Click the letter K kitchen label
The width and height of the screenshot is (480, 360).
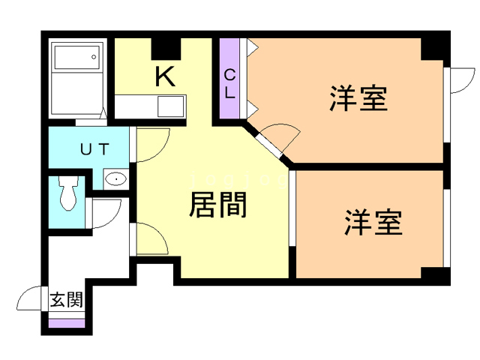165,76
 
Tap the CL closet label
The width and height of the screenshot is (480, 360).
230,84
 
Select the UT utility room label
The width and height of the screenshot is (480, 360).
95,148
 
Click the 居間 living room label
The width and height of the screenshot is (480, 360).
218,204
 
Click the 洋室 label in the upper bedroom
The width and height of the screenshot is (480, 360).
358,99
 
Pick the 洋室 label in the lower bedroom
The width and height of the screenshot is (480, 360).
373,223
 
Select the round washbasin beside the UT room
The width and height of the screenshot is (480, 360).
115,178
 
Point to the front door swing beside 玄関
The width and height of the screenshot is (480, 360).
30,300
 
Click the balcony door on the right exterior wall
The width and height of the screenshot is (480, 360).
460,80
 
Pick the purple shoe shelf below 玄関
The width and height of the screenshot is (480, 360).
66,323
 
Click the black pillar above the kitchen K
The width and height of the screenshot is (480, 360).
167,47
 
